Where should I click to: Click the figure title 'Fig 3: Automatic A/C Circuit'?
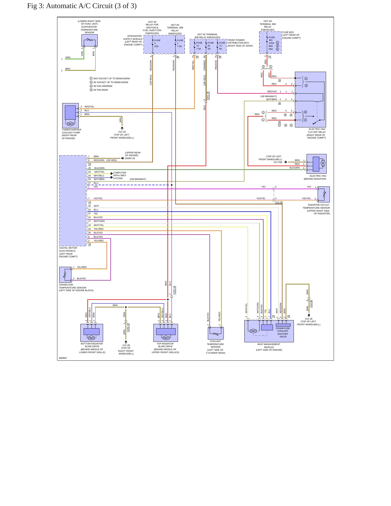(x=70, y=6)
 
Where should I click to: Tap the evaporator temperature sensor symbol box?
(x=90, y=40)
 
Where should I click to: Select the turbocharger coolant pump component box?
(x=70, y=116)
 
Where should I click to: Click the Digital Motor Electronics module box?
(x=73, y=201)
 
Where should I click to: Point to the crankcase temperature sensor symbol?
(x=65, y=275)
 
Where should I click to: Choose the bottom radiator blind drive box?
(x=92, y=333)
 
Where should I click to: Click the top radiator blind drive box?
(x=166, y=333)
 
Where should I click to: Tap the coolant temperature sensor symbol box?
(x=216, y=333)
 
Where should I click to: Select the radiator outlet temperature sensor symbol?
(x=324, y=194)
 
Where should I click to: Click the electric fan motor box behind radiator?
(x=317, y=164)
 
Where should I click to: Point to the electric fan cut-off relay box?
(x=310, y=100)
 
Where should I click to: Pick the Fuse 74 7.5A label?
(x=199, y=46)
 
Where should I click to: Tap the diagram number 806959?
(x=63, y=358)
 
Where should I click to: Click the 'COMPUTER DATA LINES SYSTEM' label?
(x=120, y=176)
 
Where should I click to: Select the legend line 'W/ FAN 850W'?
(x=101, y=90)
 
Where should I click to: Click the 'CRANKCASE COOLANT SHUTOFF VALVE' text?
(x=283, y=333)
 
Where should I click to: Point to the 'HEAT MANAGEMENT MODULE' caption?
(x=269, y=346)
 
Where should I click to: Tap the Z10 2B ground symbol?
(x=126, y=342)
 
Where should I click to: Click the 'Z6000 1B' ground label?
(x=130, y=159)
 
